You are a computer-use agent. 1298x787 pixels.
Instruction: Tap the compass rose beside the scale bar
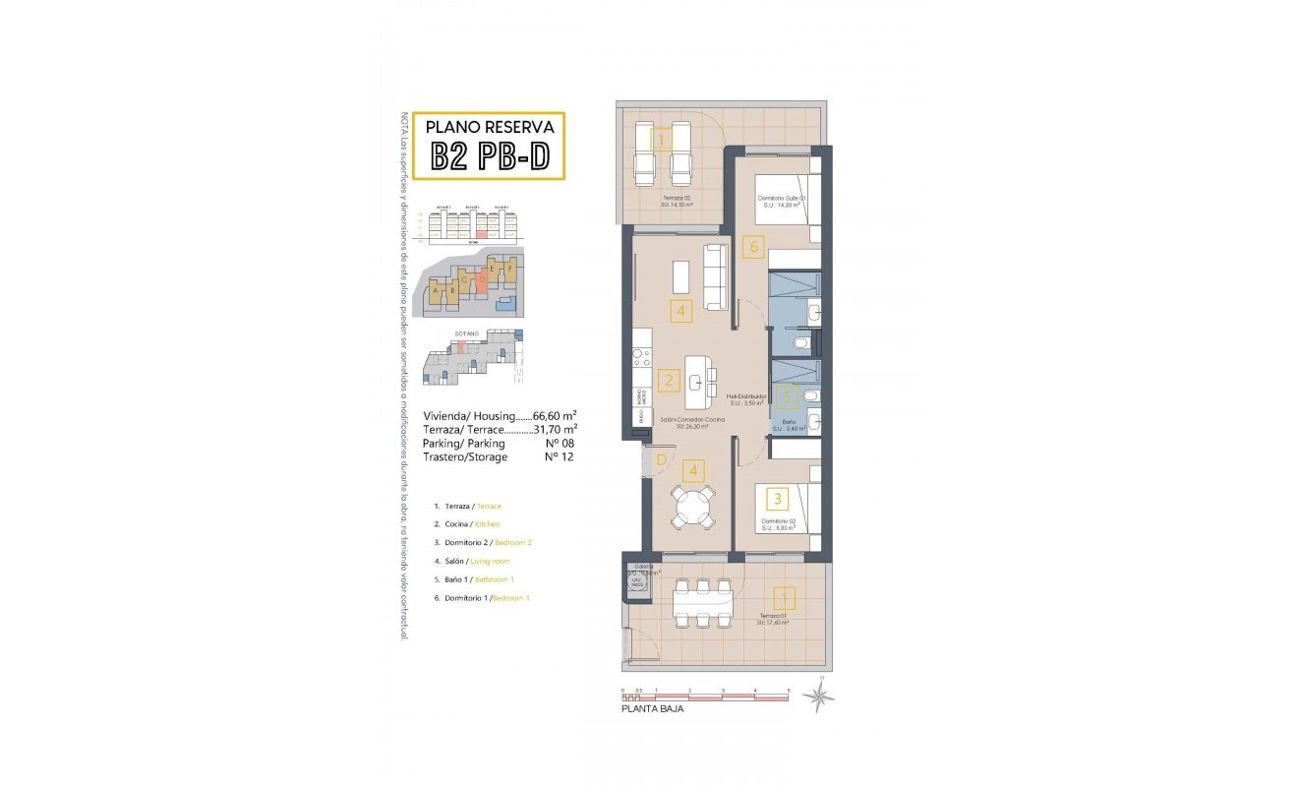(x=817, y=696)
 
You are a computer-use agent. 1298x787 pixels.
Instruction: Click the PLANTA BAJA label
(x=652, y=708)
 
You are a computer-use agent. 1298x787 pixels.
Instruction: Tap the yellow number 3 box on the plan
(x=777, y=499)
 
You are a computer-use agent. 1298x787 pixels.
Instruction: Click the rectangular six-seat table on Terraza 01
(x=702, y=603)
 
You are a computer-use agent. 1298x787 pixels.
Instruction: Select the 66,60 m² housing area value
(x=554, y=416)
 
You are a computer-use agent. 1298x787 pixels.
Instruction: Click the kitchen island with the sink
(x=700, y=381)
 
